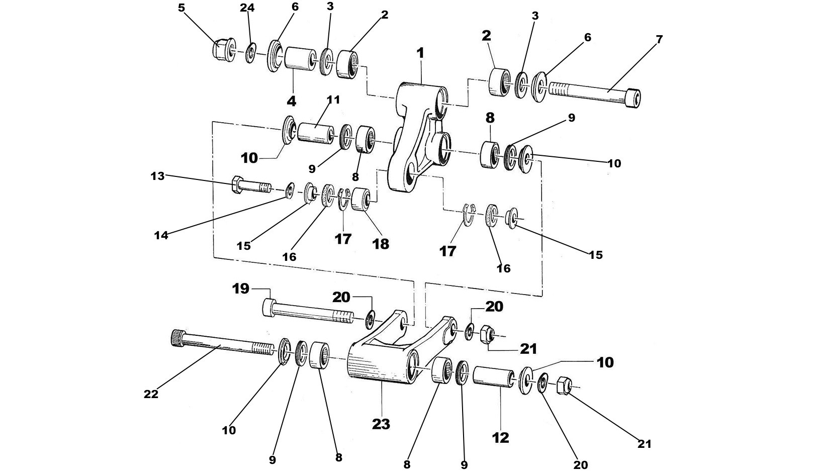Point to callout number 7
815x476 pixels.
point(659,39)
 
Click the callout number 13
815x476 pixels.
point(158,176)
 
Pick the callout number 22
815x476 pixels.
point(151,395)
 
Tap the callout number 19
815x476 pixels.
point(241,289)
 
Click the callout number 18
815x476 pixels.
point(381,244)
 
